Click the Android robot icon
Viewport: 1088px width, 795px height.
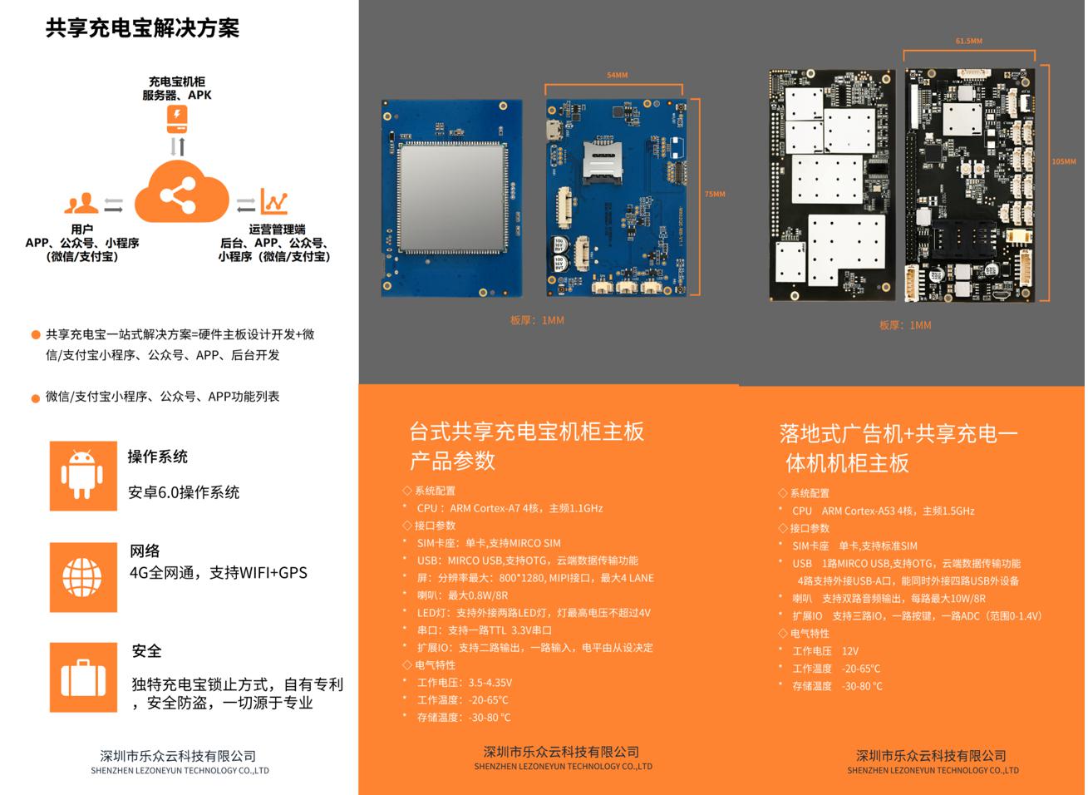pyautogui.click(x=82, y=475)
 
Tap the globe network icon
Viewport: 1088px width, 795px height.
pyautogui.click(x=82, y=577)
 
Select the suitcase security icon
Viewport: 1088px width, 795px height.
pyautogui.click(x=82, y=678)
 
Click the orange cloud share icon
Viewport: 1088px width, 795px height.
pyautogui.click(x=180, y=195)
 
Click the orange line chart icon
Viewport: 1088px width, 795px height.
pyautogui.click(x=273, y=201)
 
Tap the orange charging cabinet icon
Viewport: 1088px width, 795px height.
pyautogui.click(x=176, y=119)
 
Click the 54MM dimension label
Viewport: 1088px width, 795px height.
pyautogui.click(x=617, y=76)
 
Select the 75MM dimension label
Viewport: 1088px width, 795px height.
pyautogui.click(x=715, y=195)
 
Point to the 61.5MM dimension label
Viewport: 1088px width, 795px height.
pyautogui.click(x=968, y=41)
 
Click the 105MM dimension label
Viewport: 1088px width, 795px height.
pyautogui.click(x=1063, y=161)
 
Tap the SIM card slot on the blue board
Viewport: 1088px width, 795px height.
pyautogui.click(x=598, y=162)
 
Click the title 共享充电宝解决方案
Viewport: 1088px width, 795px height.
pyautogui.click(x=142, y=28)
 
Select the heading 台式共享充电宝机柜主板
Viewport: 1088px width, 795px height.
pyautogui.click(x=526, y=432)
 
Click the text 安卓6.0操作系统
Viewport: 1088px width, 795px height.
pyautogui.click(x=184, y=492)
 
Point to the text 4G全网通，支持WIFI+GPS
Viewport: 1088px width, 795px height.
pyautogui.click(x=219, y=573)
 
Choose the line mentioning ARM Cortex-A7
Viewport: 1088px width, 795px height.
pyautogui.click(x=510, y=508)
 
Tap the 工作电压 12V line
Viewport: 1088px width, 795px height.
pyautogui.click(x=825, y=651)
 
